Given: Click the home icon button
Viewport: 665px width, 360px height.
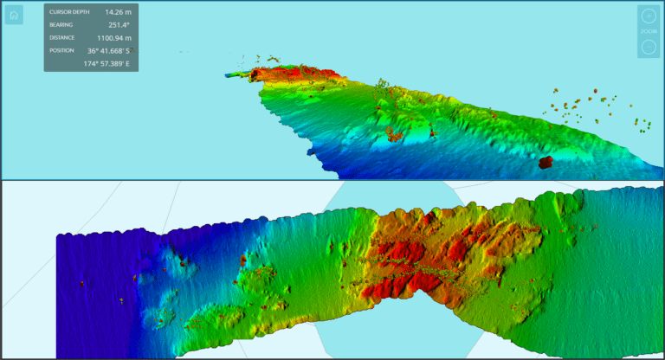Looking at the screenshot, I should click(x=14, y=15).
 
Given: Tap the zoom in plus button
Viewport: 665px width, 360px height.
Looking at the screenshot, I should click(x=649, y=16).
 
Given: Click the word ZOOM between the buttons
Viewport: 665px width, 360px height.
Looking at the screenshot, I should click(x=649, y=31).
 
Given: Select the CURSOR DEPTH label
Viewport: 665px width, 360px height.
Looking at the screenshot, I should click(x=68, y=12).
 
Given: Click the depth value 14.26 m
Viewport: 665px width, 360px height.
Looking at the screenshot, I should click(x=118, y=12).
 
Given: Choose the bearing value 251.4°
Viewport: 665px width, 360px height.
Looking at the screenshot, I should click(x=119, y=25).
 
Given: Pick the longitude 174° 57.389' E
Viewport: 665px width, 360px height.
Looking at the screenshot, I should click(x=107, y=64).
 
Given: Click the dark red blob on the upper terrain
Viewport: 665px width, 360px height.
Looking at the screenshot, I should click(x=546, y=162).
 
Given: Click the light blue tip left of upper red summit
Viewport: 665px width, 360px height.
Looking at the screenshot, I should click(x=236, y=75).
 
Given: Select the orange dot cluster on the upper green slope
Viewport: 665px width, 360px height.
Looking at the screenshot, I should click(x=394, y=133).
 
